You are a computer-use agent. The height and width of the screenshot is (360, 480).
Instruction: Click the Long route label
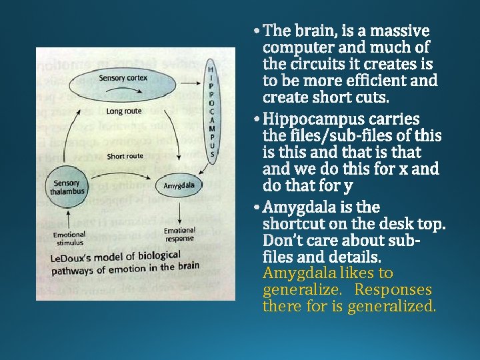[123, 111]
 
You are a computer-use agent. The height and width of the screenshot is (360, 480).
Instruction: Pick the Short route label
[125, 156]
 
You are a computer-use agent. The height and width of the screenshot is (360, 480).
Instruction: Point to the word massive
[399, 31]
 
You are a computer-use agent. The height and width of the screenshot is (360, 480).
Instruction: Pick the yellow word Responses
[393, 290]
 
